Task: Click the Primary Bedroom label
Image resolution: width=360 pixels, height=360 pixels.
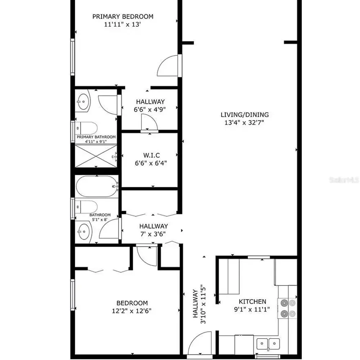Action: [x=123, y=17]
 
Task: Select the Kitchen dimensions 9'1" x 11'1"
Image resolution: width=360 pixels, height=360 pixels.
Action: [x=253, y=309]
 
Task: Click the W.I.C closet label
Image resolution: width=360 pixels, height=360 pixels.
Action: [x=152, y=155]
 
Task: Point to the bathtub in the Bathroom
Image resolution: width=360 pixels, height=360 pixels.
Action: [x=97, y=186]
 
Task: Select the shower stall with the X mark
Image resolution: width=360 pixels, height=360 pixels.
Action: [x=96, y=156]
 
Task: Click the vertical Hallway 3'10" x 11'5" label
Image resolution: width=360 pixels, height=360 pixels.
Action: [x=199, y=304]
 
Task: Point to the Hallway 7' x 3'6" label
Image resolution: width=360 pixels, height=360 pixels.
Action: [x=153, y=230]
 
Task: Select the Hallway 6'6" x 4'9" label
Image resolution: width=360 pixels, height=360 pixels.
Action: [x=150, y=105]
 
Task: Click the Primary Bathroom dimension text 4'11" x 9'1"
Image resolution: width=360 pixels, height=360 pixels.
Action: [x=96, y=141]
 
